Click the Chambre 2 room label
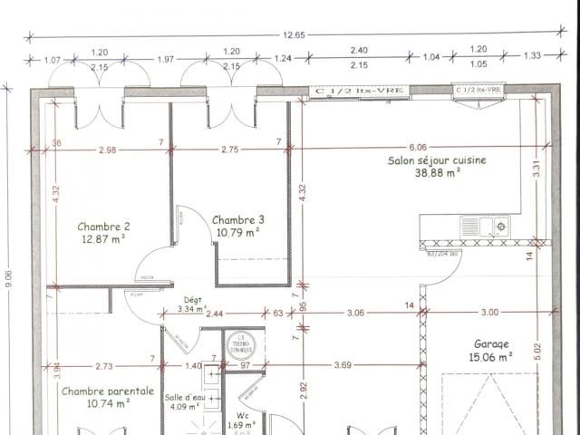point(103,227)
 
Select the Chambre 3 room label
point(238,219)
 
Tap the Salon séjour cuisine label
point(437,159)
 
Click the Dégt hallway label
point(192,300)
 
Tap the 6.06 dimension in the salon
point(417,146)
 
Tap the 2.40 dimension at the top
point(359,52)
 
